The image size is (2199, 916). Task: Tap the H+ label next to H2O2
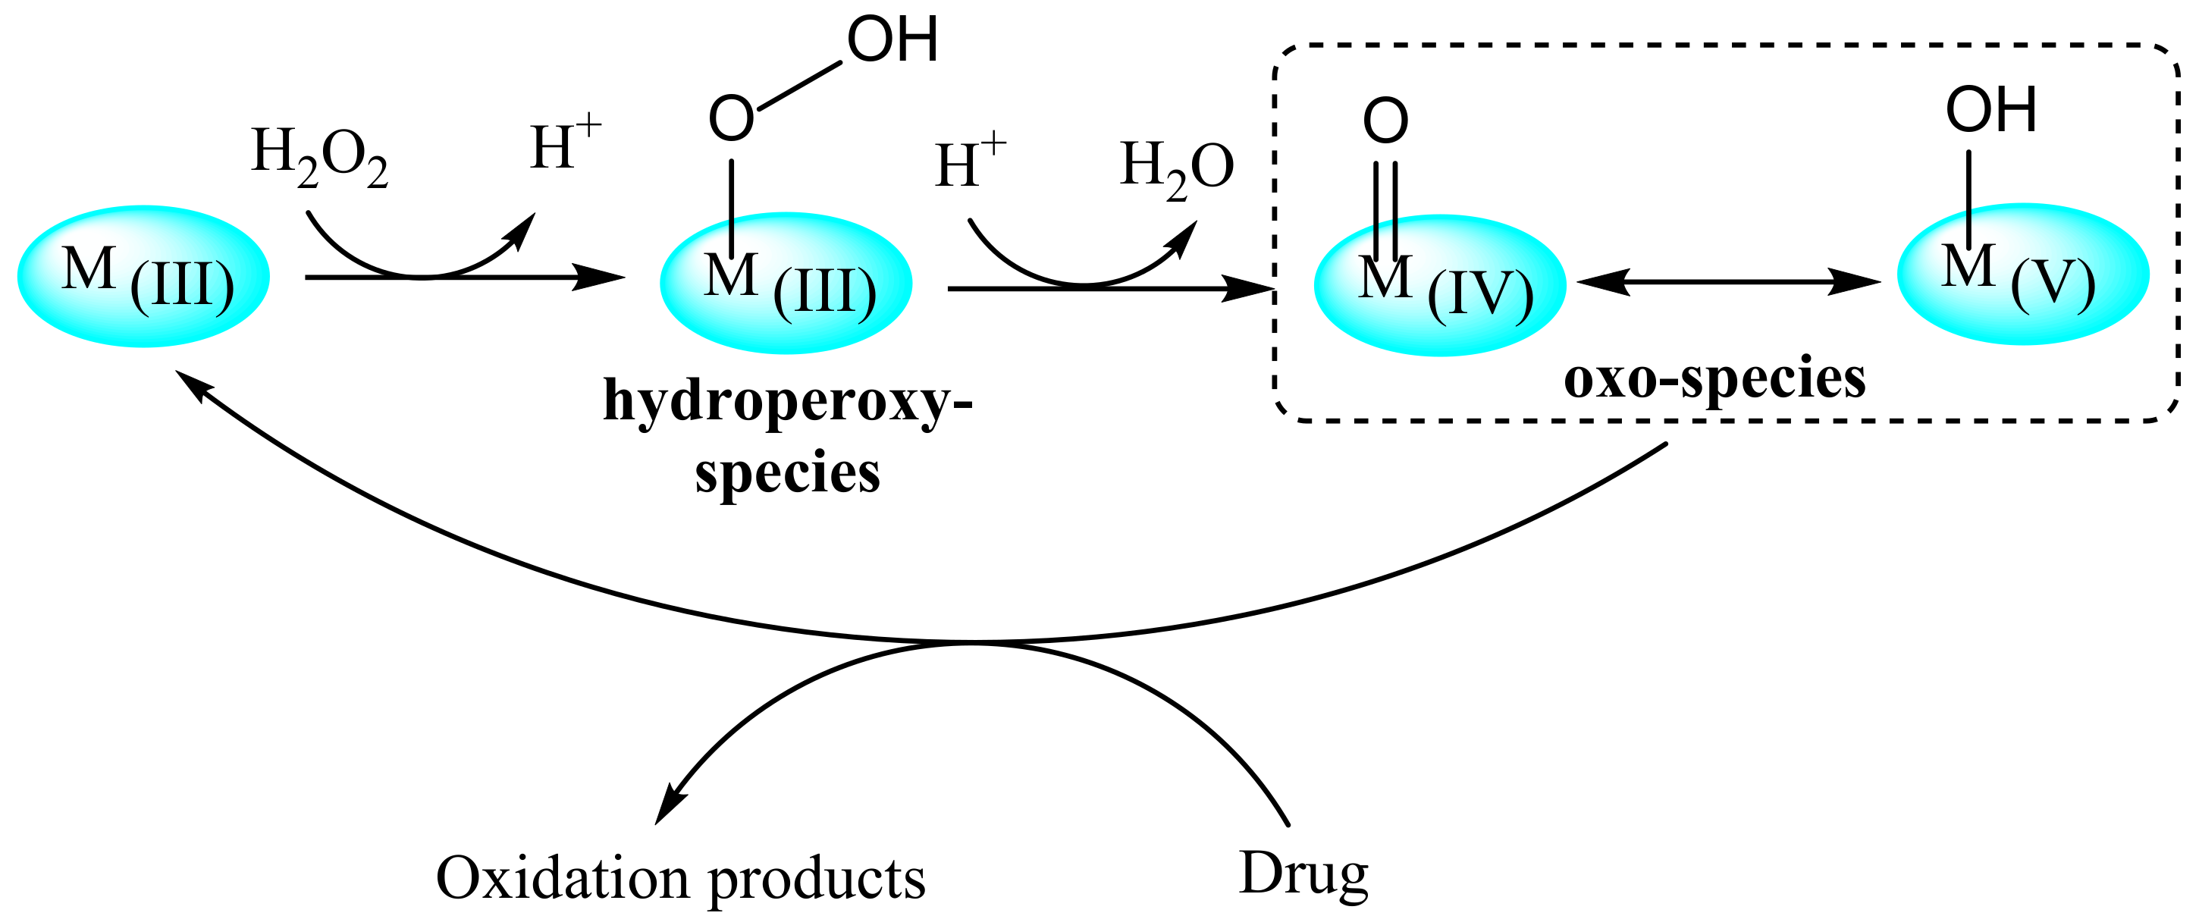click(563, 145)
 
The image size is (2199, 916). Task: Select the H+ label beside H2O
click(970, 162)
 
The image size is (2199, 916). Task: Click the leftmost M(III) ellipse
click(143, 277)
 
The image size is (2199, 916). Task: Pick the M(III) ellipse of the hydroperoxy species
click(786, 284)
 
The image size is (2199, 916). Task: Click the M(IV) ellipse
click(1439, 285)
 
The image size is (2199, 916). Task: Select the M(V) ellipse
click(2022, 274)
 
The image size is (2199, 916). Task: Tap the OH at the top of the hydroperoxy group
click(892, 40)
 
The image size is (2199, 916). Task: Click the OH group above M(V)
click(1990, 110)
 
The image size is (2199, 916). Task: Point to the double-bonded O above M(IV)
click(1385, 121)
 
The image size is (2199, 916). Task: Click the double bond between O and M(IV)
click(1385, 209)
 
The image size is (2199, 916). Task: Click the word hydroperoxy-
click(787, 400)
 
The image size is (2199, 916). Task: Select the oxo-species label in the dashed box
click(1714, 378)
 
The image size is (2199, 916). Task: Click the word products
click(817, 880)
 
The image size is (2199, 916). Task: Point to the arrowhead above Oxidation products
click(670, 806)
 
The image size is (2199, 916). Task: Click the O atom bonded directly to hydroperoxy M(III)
click(732, 118)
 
